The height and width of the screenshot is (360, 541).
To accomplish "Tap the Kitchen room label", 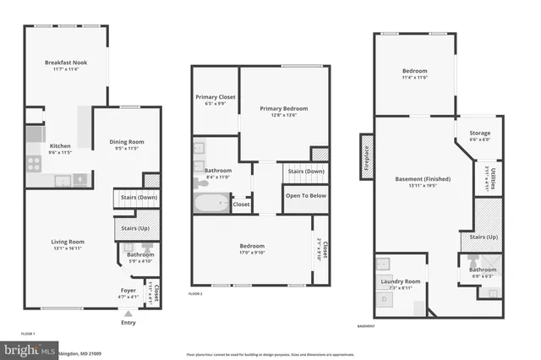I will pyautogui.click(x=60, y=145).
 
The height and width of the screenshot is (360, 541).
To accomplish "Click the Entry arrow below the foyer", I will pyautogui.click(x=128, y=312).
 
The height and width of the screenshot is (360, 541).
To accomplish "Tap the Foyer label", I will pyautogui.click(x=128, y=290).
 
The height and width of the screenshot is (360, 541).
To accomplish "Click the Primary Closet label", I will pyautogui.click(x=216, y=97).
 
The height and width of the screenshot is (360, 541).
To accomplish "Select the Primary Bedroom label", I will pyautogui.click(x=283, y=108).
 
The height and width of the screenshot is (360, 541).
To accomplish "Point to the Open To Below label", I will pyautogui.click(x=305, y=195).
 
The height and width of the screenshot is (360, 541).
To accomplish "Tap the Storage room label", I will pyautogui.click(x=479, y=133).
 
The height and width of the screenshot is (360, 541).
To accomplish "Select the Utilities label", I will pyautogui.click(x=493, y=179).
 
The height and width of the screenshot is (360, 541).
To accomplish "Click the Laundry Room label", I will pyautogui.click(x=401, y=281).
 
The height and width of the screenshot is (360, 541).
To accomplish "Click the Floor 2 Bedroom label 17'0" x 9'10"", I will pyautogui.click(x=253, y=246).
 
